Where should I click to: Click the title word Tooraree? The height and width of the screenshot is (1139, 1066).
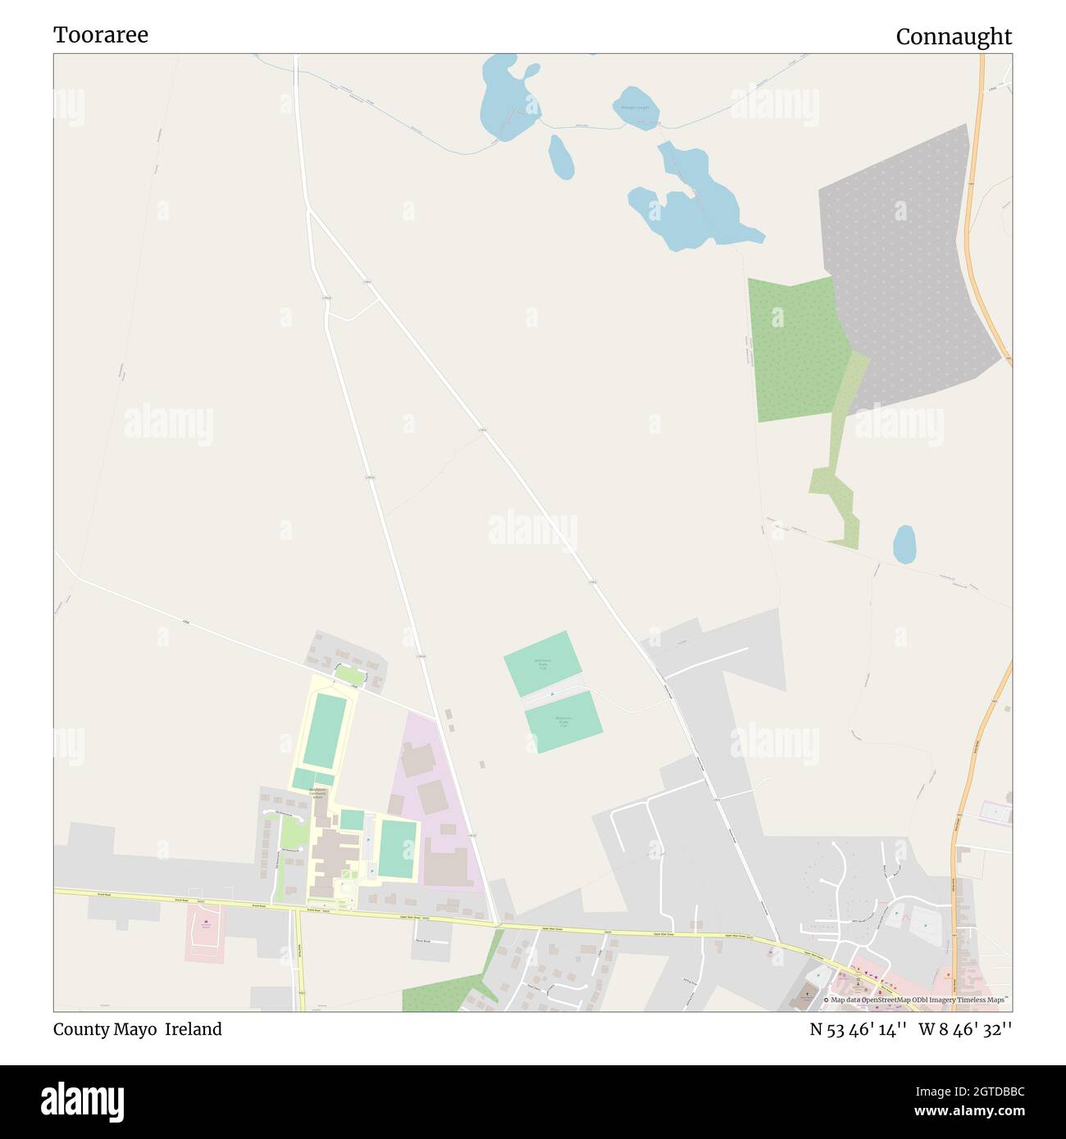(x=101, y=35)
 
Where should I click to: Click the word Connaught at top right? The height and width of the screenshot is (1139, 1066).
(x=954, y=37)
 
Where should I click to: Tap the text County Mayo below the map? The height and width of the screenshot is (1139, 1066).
(x=107, y=1029)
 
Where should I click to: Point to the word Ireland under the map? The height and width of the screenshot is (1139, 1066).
(x=194, y=1029)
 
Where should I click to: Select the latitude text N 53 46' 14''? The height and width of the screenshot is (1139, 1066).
(x=858, y=1029)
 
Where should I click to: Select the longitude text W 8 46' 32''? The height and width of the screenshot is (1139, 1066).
(x=965, y=1029)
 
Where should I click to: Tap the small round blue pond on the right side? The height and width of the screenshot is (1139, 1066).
(x=904, y=544)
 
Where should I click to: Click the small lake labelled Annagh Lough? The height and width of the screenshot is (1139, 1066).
(x=635, y=107)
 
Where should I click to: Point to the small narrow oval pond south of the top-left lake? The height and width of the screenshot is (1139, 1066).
(x=561, y=156)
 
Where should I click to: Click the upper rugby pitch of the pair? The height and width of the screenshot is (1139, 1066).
(x=543, y=662)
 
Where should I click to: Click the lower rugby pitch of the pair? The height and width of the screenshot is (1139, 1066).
(x=563, y=722)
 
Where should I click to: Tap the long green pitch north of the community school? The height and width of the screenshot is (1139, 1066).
(x=325, y=729)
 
